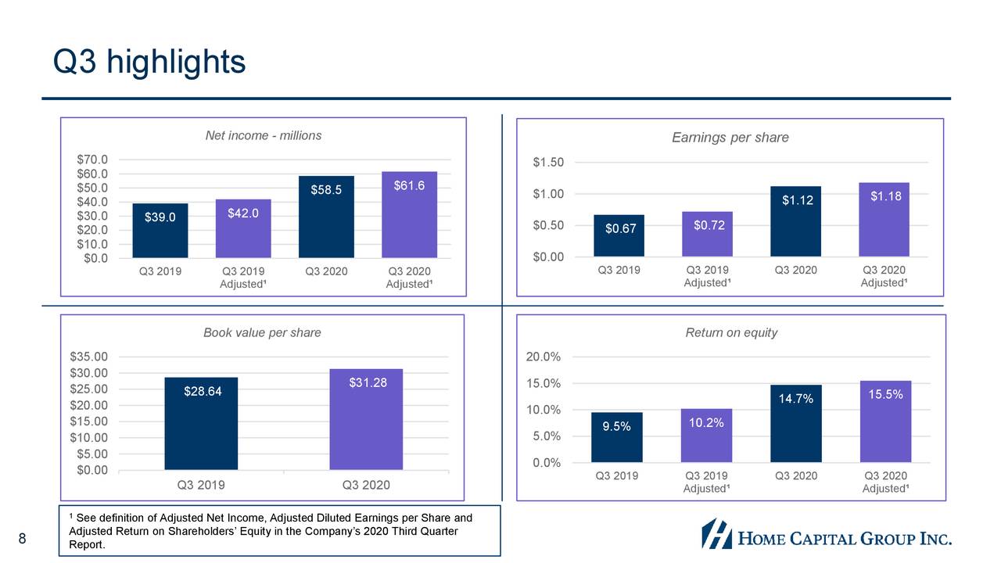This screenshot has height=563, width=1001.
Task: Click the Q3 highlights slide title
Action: [149, 62]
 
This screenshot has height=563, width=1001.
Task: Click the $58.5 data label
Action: [326, 189]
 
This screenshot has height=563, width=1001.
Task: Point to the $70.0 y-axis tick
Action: [92, 160]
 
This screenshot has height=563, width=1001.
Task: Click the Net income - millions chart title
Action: [263, 135]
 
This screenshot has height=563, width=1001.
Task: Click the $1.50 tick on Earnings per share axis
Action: [548, 163]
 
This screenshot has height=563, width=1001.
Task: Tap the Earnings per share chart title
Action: [730, 138]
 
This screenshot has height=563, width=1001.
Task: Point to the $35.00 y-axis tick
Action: [89, 357]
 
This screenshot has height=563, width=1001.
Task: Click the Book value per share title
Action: [262, 332]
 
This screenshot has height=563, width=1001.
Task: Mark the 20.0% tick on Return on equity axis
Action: [543, 357]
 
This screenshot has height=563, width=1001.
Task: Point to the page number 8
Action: [23, 538]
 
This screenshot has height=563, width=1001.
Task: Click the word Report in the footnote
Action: [86, 545]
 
